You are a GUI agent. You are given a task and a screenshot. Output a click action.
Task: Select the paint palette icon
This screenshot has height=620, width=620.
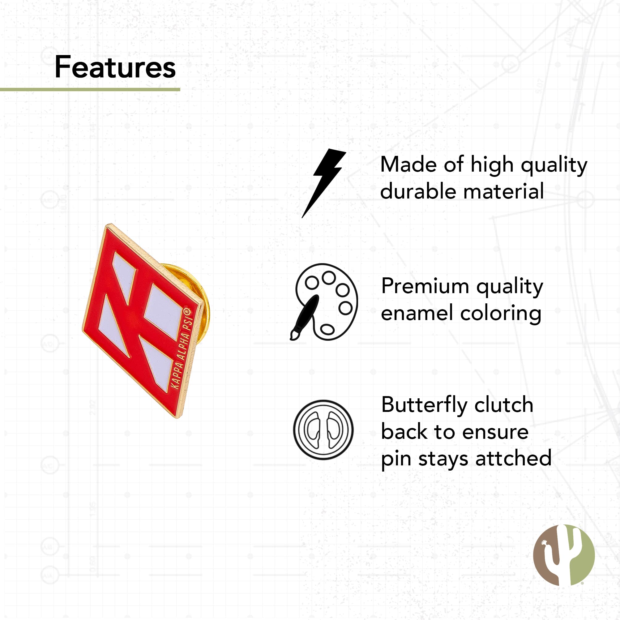click(x=324, y=302)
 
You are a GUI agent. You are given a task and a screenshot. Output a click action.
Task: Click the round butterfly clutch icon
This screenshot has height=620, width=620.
click(x=323, y=430)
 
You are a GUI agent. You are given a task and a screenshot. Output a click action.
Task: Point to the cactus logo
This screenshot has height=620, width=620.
click(x=564, y=555)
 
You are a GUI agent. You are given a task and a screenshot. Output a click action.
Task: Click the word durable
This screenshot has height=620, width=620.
click(x=418, y=191)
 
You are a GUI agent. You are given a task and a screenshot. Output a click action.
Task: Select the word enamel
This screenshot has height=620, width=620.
click(x=417, y=313)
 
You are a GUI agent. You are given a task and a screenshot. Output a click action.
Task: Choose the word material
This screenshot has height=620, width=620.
click(x=503, y=191)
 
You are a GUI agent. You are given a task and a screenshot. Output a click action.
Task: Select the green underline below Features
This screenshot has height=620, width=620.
click(x=90, y=90)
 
